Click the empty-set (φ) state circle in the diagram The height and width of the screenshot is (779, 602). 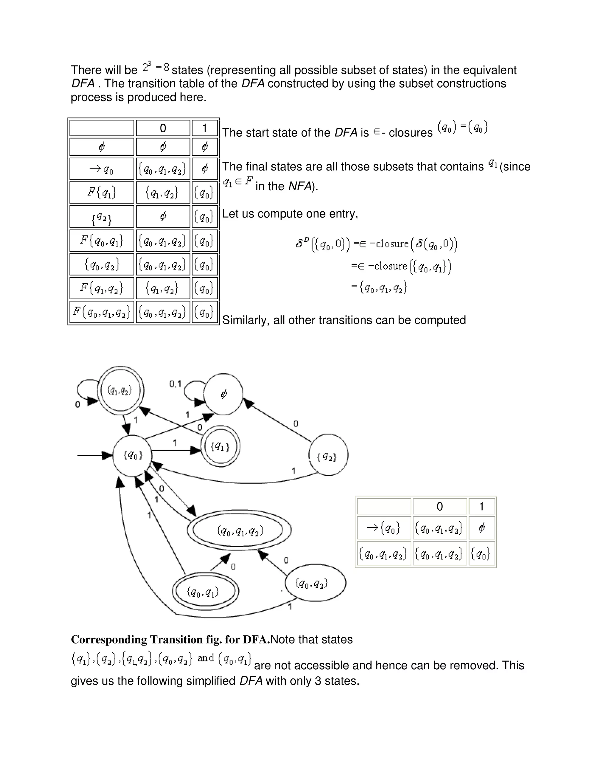(223, 394)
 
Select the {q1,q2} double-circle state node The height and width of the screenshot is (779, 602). (121, 391)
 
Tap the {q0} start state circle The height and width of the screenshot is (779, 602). (132, 455)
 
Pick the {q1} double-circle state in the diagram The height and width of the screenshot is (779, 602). (220, 446)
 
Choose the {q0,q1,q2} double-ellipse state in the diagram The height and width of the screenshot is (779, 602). (240, 531)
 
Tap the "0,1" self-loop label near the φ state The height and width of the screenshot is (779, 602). (175, 384)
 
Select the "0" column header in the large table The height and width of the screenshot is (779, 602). (163, 128)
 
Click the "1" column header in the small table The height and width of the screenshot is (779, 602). (481, 506)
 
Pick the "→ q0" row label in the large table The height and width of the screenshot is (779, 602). (102, 169)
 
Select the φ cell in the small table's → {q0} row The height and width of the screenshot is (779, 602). (481, 528)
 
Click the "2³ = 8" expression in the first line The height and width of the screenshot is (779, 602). (156, 67)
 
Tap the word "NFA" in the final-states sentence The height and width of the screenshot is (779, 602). (300, 186)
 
